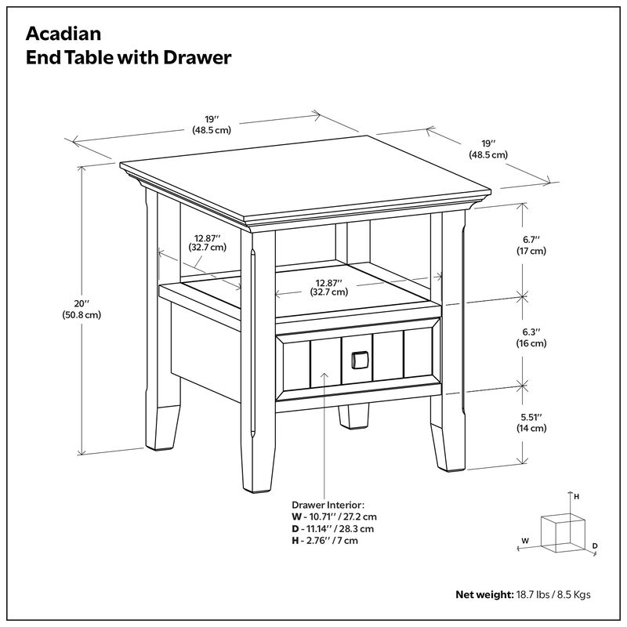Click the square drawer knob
(x=359, y=360)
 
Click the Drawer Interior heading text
(x=328, y=506)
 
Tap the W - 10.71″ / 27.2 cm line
(x=334, y=517)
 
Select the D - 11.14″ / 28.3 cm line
(x=335, y=529)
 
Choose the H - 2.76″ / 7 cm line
(x=324, y=541)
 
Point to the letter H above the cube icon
(x=576, y=497)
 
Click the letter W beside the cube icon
(x=526, y=541)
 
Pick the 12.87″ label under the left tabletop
(x=207, y=241)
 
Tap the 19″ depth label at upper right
(x=488, y=149)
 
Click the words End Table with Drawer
(x=128, y=57)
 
